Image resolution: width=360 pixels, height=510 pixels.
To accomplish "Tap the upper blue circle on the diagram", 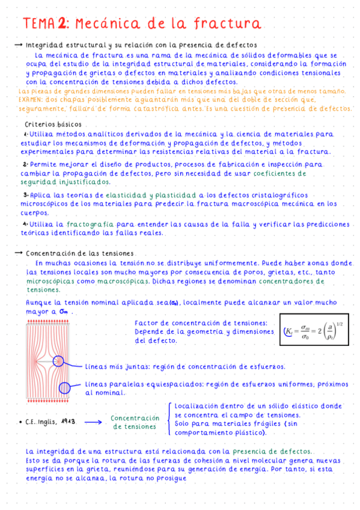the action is point(59,361).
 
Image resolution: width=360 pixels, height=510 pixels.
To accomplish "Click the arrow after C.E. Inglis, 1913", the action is point(93,422).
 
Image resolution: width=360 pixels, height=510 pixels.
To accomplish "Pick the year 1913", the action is point(68,422).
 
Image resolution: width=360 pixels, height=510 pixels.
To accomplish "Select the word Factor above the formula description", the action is point(147,323).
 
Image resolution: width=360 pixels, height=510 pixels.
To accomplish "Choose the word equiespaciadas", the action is point(170,384).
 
